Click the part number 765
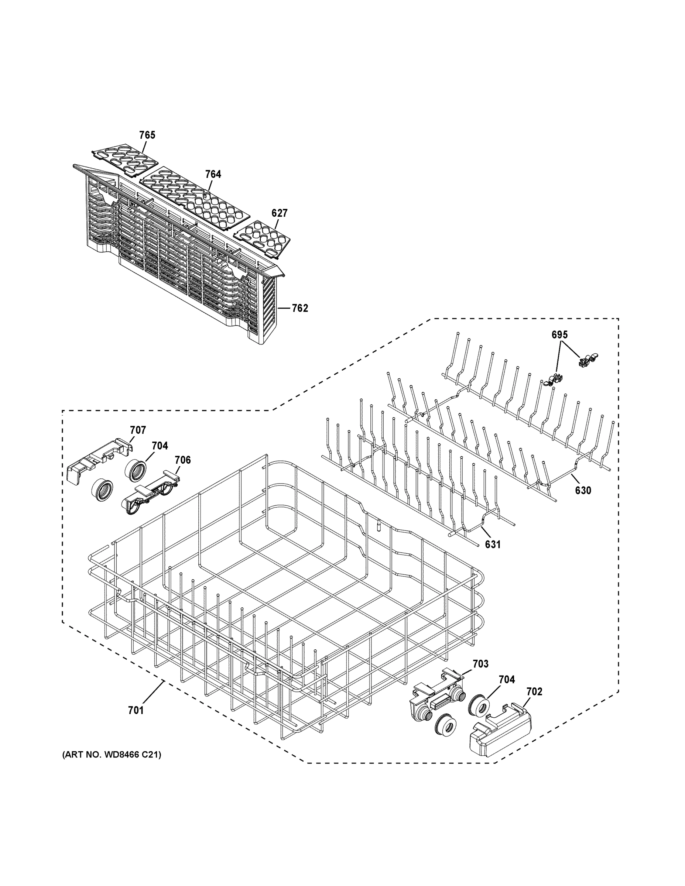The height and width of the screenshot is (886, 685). tap(147, 135)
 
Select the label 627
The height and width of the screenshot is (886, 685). tap(279, 213)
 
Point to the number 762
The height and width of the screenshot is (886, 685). tap(300, 308)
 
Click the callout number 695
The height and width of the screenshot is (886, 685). tap(559, 335)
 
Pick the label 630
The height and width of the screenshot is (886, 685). tap(583, 491)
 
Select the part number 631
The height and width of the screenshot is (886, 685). tap(493, 545)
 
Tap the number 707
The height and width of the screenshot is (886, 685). tap(138, 430)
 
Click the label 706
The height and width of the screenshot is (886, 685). tap(183, 460)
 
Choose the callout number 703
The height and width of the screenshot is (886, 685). tap(480, 664)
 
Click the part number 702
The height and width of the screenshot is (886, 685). tap(534, 691)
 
